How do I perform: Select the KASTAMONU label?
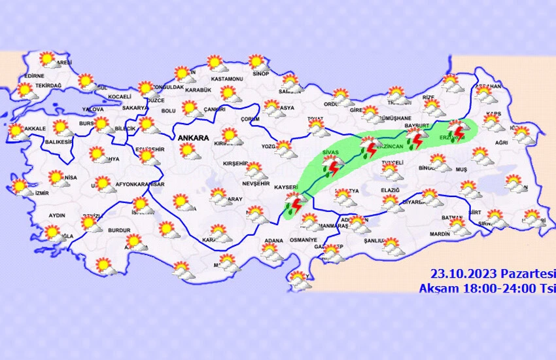coord(226,78)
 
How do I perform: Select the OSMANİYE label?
coord(302,240)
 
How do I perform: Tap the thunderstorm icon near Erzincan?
coord(370,147)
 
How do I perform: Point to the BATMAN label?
coord(452,218)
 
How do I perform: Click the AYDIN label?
coord(58,215)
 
